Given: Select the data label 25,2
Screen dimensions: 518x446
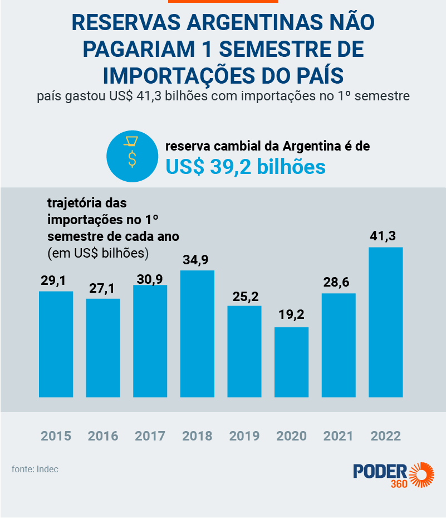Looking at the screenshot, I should [x=244, y=296].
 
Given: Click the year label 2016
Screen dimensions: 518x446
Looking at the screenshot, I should [x=102, y=435].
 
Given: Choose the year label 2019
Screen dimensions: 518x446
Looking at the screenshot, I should [x=244, y=435].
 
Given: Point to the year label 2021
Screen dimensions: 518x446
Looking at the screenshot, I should [x=338, y=435].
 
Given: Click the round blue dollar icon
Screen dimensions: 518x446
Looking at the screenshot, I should [x=131, y=156].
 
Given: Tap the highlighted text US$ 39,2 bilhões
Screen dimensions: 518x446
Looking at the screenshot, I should [x=246, y=166].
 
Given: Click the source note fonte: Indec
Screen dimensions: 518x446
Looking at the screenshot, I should [x=35, y=469].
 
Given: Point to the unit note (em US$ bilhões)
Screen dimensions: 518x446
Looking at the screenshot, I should [x=98, y=253].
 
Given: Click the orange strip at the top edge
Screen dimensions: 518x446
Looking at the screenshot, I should [x=223, y=2].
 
